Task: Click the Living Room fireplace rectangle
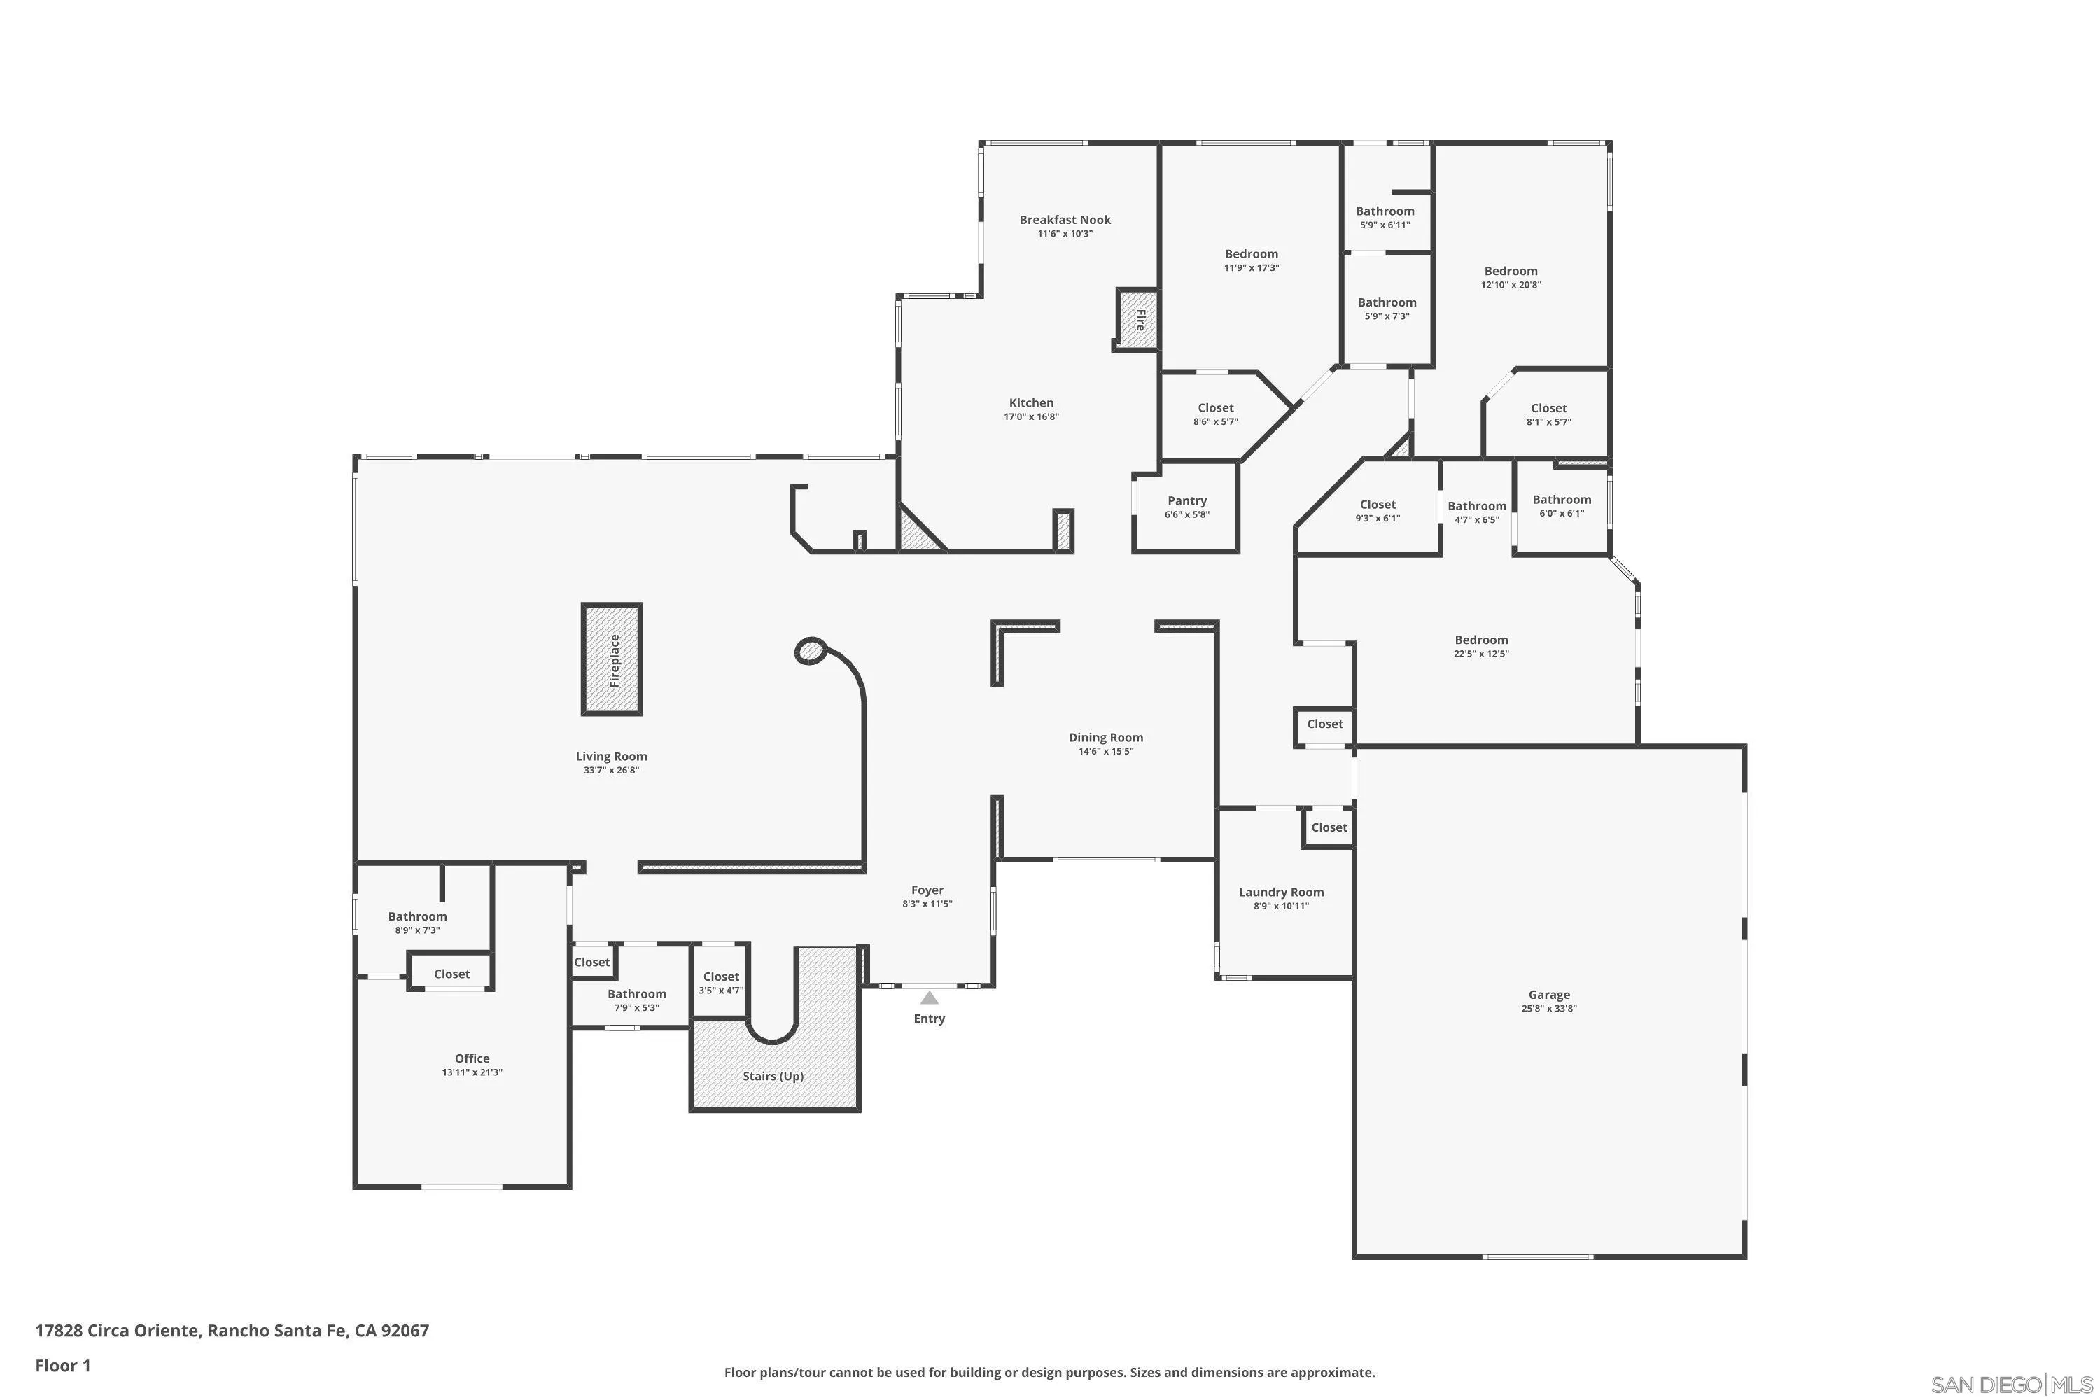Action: [x=612, y=659]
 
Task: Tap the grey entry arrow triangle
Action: [x=930, y=998]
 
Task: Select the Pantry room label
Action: [x=1186, y=501]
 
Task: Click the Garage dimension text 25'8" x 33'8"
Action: [x=1549, y=1008]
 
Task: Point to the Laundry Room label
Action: [x=1281, y=892]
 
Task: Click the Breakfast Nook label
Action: [x=1065, y=220]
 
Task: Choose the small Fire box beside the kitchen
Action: [x=1138, y=320]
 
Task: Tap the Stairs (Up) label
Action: [x=773, y=1076]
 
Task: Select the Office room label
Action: [x=472, y=1058]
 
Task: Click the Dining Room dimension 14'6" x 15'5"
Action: [x=1105, y=751]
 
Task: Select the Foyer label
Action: [x=927, y=890]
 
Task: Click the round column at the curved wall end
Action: [x=810, y=651]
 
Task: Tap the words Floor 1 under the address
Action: [x=62, y=1365]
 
